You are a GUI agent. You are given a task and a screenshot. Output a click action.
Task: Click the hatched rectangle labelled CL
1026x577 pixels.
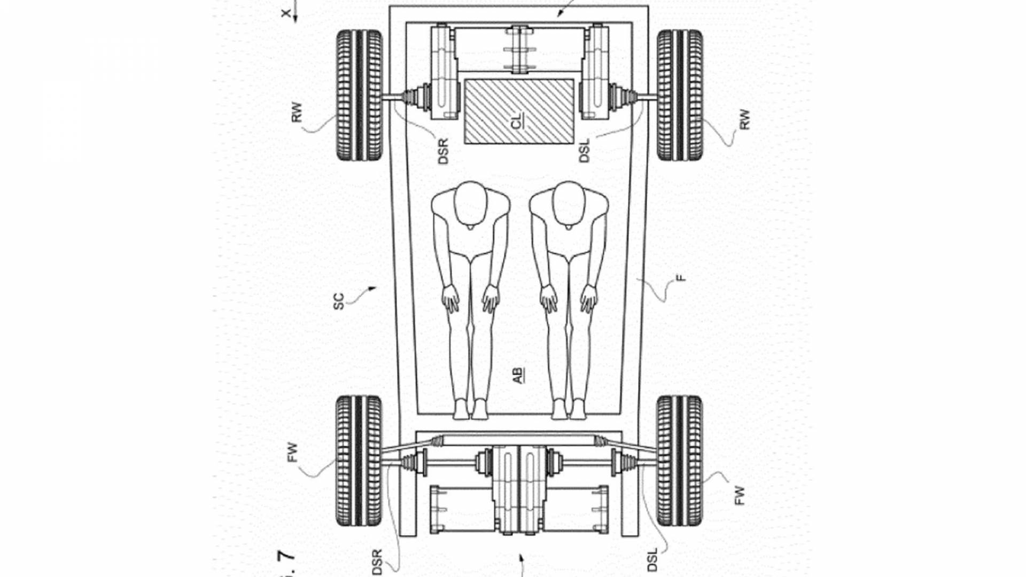tap(519, 112)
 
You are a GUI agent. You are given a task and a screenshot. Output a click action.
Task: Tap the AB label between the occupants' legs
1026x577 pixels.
tap(518, 375)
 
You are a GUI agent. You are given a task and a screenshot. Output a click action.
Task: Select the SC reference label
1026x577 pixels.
tap(339, 301)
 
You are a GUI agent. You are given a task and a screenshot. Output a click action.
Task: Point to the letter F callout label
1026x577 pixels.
tap(680, 278)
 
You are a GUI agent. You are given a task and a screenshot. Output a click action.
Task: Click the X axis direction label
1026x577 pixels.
tap(287, 13)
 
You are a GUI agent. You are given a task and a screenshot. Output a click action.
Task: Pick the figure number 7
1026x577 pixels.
tap(287, 556)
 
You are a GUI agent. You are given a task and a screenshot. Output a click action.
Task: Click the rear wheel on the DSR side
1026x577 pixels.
tap(359, 95)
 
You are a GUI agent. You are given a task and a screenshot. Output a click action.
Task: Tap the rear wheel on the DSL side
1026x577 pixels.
tap(680, 95)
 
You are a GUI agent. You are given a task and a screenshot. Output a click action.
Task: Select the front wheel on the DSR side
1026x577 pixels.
tap(359, 461)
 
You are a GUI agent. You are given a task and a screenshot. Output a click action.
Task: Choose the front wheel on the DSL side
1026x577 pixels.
tap(680, 461)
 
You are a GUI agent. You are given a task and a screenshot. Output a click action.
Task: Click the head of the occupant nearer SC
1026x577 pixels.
tap(471, 203)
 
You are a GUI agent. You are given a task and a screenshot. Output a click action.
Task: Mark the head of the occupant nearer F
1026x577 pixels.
tap(569, 203)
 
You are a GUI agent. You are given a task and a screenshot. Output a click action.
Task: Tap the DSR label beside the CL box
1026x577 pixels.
tap(443, 151)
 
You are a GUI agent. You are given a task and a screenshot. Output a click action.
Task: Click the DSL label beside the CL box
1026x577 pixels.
tap(584, 151)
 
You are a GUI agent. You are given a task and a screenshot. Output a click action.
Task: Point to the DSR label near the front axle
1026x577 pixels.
tap(377, 562)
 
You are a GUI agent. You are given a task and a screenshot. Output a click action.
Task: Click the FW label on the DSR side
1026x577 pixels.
tap(292, 453)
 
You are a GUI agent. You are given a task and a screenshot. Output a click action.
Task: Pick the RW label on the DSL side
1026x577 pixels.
tap(744, 120)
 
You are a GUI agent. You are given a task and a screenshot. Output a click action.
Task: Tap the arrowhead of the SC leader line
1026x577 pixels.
tap(374, 288)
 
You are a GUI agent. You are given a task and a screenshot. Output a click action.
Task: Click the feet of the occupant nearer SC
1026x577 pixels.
tap(470, 410)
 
